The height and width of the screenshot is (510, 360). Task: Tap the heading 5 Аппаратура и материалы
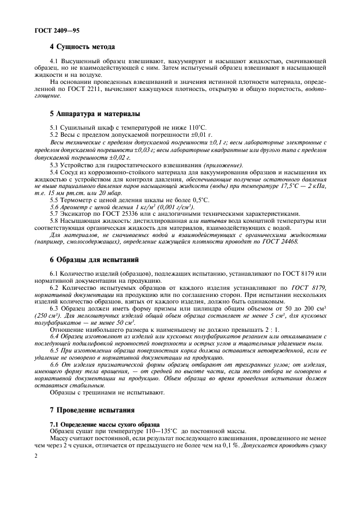point(95,114)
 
